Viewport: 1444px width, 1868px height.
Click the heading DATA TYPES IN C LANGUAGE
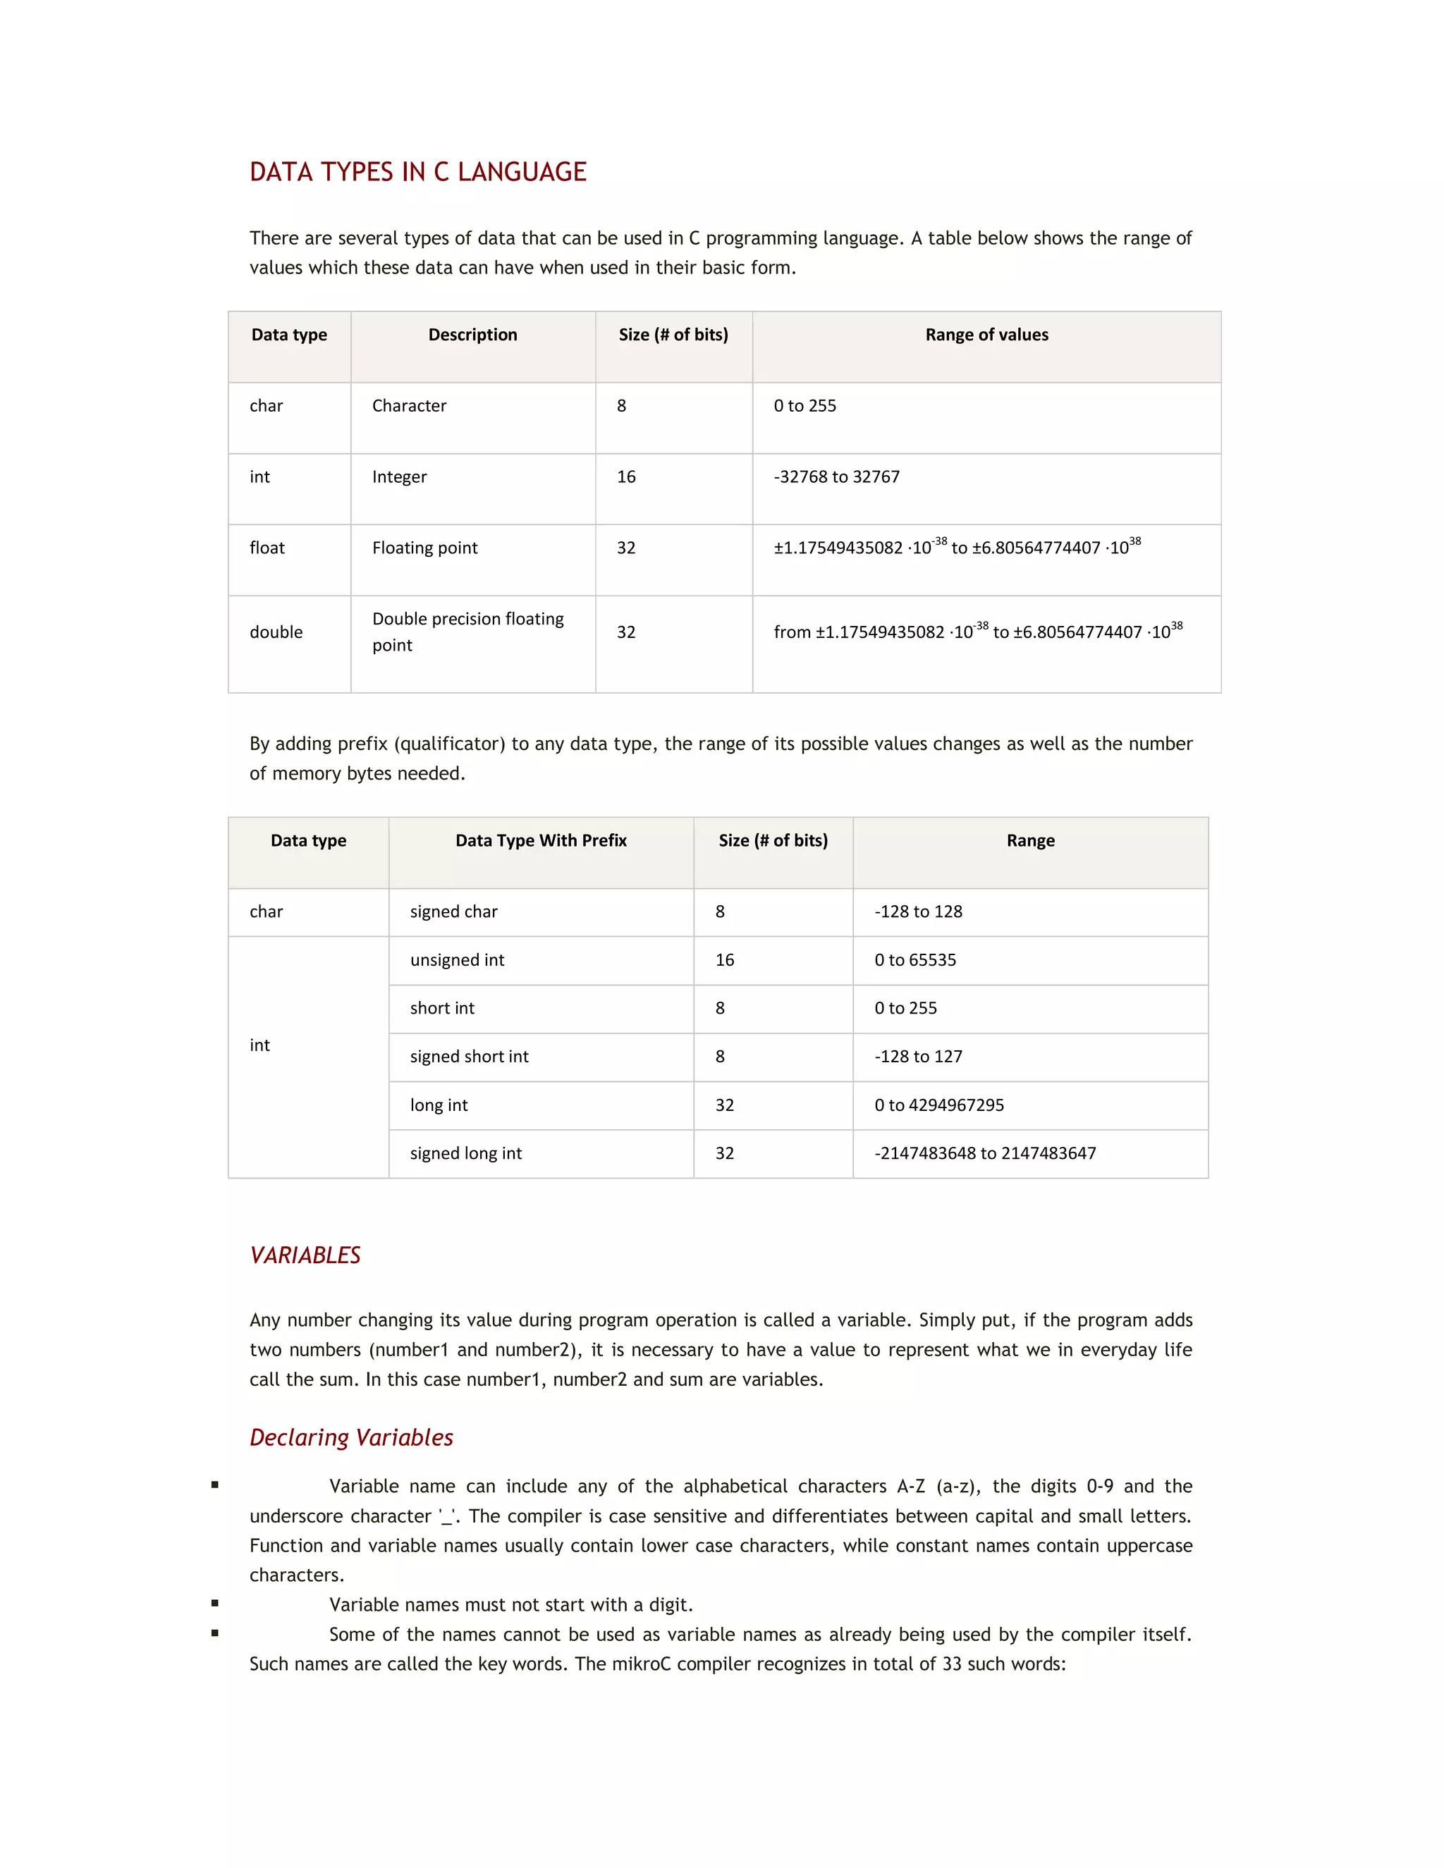(417, 172)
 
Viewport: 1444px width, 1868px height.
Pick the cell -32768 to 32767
(837, 477)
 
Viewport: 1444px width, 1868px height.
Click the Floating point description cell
(424, 548)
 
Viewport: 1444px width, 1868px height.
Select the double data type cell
(276, 632)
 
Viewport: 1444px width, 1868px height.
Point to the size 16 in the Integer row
(626, 477)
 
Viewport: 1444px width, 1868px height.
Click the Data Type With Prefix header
(541, 841)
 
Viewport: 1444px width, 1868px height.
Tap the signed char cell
(453, 911)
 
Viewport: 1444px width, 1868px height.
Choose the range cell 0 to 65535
(914, 961)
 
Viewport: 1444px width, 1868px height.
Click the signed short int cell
(469, 1057)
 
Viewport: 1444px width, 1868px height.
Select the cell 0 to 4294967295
(938, 1106)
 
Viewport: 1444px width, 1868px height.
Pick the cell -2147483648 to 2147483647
(984, 1154)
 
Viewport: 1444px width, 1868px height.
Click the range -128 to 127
(918, 1057)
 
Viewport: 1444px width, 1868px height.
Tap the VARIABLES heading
(305, 1255)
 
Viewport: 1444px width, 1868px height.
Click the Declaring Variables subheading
(350, 1438)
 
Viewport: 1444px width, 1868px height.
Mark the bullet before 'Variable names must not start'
(215, 1604)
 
